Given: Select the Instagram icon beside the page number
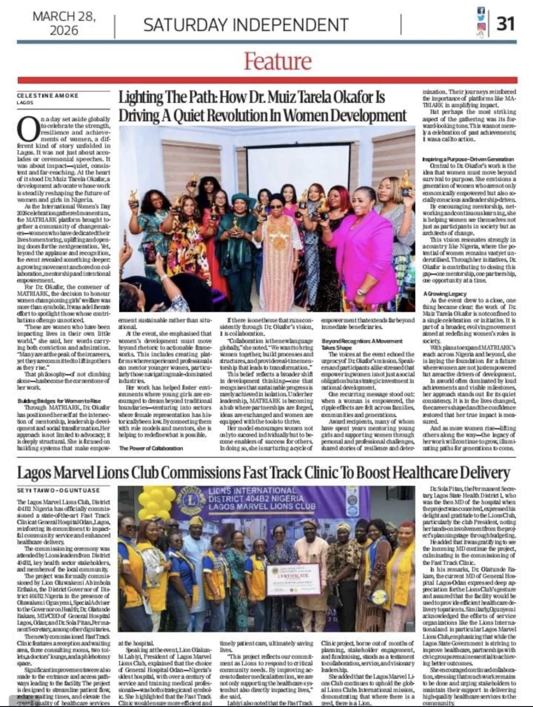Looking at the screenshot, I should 481,27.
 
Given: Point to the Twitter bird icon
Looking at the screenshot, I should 481,18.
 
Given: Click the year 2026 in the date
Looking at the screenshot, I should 64,30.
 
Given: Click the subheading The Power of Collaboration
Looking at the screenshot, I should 151,448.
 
